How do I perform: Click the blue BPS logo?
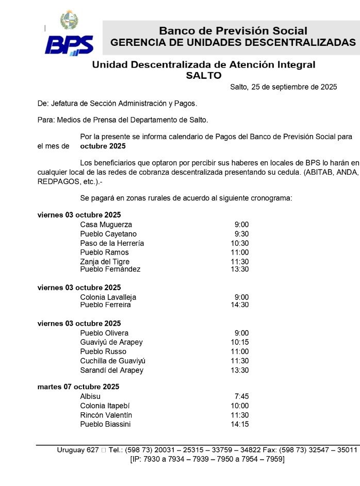69,45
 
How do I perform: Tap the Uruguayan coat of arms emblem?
69,20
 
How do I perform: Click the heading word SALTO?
203,75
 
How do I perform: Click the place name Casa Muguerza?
106,225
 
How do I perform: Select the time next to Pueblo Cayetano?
241,234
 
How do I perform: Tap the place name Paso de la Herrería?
112,243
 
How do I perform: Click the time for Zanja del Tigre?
239,262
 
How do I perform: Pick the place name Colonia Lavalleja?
108,297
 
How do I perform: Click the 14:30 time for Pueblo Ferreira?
239,305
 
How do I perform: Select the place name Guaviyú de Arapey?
111,342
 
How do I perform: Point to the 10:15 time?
239,342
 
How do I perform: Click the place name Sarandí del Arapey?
111,370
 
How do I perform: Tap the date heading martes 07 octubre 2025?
78,387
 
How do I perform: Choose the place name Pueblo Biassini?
105,424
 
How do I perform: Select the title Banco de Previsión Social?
233,31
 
